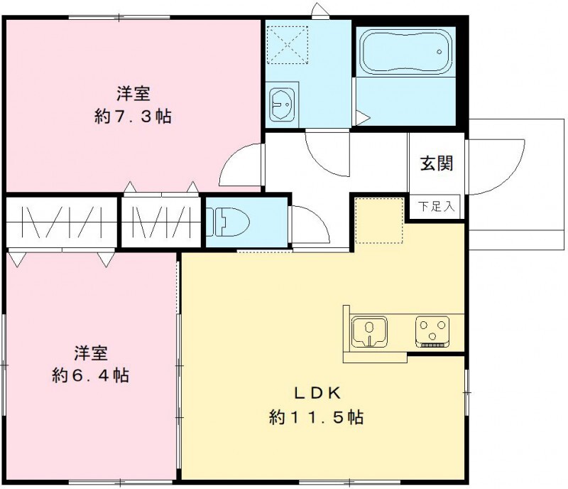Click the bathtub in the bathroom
coord(405,52)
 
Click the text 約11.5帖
coord(317,417)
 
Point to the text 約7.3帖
coord(133,117)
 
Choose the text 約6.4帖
coord(91,375)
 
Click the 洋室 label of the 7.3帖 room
coord(133,92)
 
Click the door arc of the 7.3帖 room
coord(241,167)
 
